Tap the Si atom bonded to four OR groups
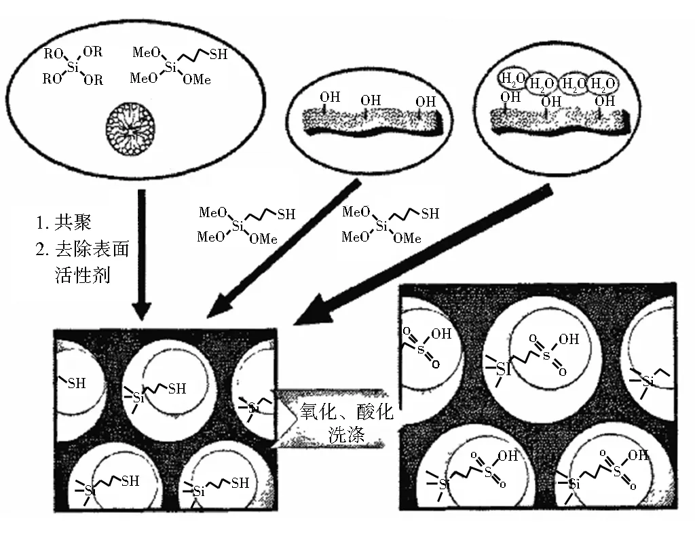[74, 66]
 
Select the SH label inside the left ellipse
[218, 55]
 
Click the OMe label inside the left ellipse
[198, 80]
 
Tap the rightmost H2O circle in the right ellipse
[603, 85]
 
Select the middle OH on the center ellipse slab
[371, 101]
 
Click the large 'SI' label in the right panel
[503, 368]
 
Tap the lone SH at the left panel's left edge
[76, 383]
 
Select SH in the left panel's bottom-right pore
[240, 483]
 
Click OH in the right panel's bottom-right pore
[638, 455]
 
